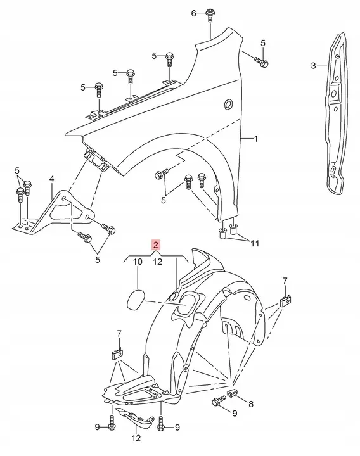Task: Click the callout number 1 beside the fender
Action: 257,139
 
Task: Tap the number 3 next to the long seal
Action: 313,65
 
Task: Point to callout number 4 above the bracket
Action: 52,179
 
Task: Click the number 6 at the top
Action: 195,13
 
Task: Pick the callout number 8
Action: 250,403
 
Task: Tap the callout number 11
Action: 255,243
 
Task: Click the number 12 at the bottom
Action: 136,438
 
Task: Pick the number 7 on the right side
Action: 285,281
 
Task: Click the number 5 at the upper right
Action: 263,42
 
